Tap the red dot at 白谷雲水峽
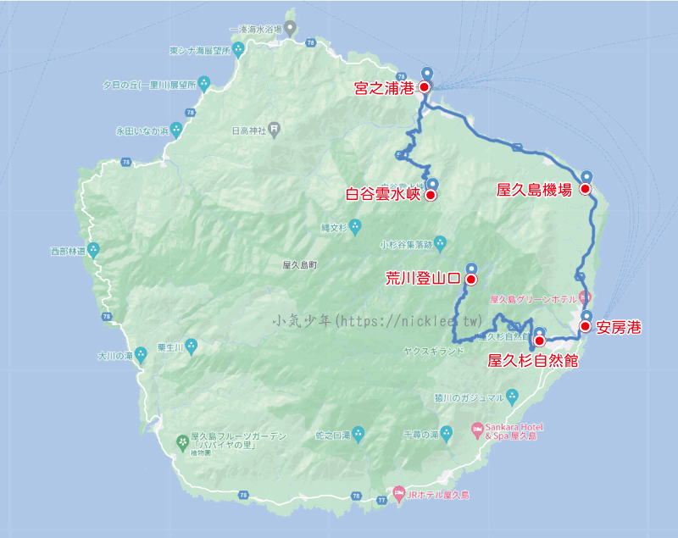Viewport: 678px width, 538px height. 430,195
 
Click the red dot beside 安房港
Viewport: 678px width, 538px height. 585,325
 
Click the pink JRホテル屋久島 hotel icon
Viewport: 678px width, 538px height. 398,493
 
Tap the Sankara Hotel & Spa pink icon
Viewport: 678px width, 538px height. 476,430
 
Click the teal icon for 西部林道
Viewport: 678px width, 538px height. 94,250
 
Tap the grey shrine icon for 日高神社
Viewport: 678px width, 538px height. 275,130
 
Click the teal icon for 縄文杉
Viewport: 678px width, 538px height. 355,226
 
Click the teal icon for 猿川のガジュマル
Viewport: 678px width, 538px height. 512,397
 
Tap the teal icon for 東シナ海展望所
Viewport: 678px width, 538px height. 240,49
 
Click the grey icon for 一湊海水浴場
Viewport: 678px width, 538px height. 289,28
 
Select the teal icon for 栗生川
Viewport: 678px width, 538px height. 191,346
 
